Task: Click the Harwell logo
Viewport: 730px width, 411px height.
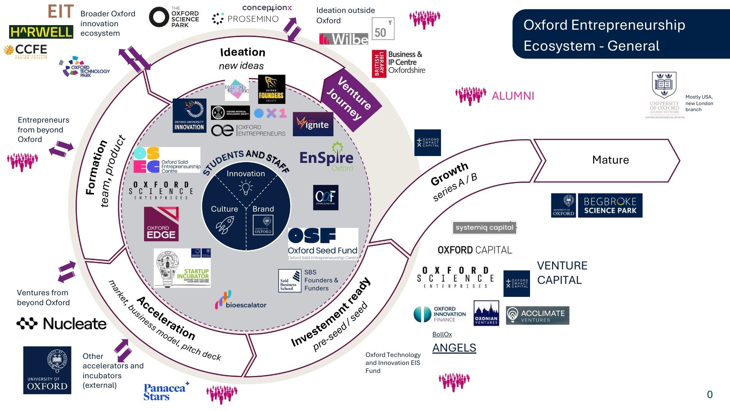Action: click(41, 32)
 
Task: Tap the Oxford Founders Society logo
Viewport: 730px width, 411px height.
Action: click(271, 89)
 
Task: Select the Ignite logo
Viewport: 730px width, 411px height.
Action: click(313, 124)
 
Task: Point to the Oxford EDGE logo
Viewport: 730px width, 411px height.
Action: click(161, 224)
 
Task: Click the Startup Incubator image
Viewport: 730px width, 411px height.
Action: click(182, 268)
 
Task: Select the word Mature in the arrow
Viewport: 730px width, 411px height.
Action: click(610, 160)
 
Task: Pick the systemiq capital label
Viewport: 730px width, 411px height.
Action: click(484, 228)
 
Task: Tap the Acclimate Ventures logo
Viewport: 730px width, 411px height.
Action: click(537, 315)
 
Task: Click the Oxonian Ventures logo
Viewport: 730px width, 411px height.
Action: click(486, 313)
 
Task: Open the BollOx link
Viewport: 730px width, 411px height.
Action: click(442, 334)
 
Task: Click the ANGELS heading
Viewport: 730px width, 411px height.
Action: click(454, 348)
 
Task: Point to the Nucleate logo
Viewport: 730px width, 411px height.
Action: click(62, 323)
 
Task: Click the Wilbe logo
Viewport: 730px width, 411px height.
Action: click(344, 39)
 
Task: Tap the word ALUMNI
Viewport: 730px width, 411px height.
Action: click(513, 96)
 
